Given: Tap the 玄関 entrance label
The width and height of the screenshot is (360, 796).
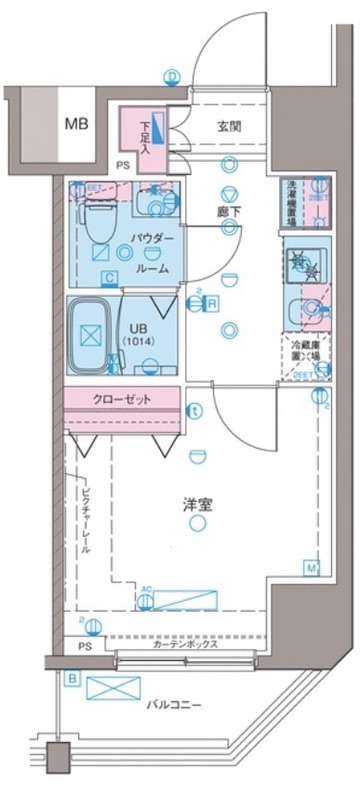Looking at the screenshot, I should point(232,126).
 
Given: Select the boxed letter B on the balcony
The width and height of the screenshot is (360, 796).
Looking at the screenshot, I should point(72,678).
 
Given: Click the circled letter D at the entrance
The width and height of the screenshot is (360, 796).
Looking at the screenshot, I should point(172,76).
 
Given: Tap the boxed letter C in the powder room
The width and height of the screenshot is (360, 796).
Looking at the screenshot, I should point(107,279).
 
